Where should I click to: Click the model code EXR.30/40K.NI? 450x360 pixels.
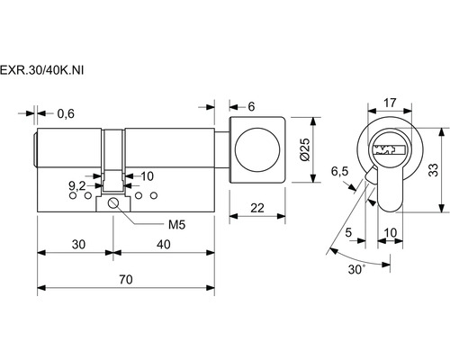pyautogui.click(x=41, y=70)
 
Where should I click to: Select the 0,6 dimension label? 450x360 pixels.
pyautogui.click(x=66, y=113)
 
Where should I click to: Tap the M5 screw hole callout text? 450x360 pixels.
pyautogui.click(x=176, y=224)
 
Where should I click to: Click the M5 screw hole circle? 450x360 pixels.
pyautogui.click(x=113, y=203)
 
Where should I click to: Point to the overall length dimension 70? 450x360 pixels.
pyautogui.click(x=126, y=280)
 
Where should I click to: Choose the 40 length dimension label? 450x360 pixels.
pyautogui.click(x=164, y=245)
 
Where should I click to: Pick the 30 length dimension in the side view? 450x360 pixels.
pyautogui.click(x=78, y=245)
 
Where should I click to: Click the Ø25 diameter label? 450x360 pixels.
pyautogui.click(x=305, y=149)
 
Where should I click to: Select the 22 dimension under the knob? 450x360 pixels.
pyautogui.click(x=257, y=208)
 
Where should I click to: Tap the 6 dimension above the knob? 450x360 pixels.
pyautogui.click(x=251, y=106)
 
